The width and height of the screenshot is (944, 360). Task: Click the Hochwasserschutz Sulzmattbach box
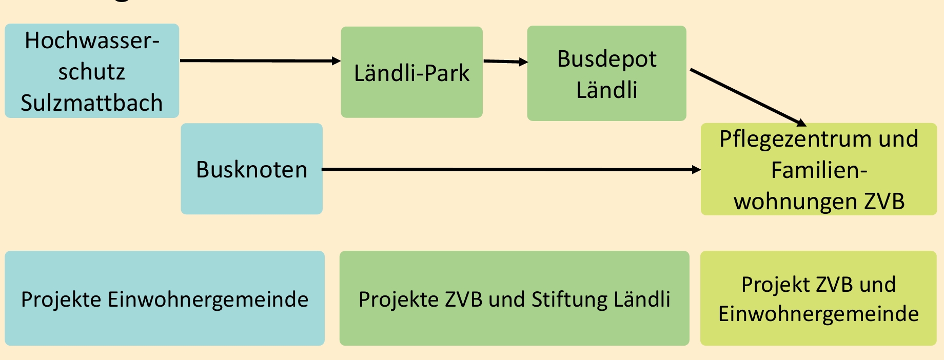coord(92,71)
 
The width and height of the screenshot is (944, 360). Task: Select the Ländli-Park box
coord(411,72)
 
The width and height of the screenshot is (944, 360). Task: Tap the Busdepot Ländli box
coord(606,73)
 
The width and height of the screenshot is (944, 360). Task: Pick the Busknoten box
coord(251,169)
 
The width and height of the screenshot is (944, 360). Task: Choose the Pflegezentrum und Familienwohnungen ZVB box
coord(818,169)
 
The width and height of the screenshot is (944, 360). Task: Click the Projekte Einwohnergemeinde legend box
coord(164,298)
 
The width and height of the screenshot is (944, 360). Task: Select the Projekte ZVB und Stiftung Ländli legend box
coord(514,298)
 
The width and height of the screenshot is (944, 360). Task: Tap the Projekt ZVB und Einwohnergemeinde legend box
coord(818,298)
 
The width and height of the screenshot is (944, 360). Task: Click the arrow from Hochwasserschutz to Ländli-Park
coord(257,61)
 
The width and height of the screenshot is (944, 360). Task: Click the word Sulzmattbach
coord(92,103)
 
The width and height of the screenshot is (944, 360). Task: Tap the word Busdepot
coord(606,58)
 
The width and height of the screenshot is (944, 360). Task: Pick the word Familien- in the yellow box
coord(819,170)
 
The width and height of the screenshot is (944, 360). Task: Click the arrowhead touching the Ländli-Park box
coord(336,61)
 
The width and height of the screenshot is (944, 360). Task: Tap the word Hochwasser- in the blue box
coord(92,41)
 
